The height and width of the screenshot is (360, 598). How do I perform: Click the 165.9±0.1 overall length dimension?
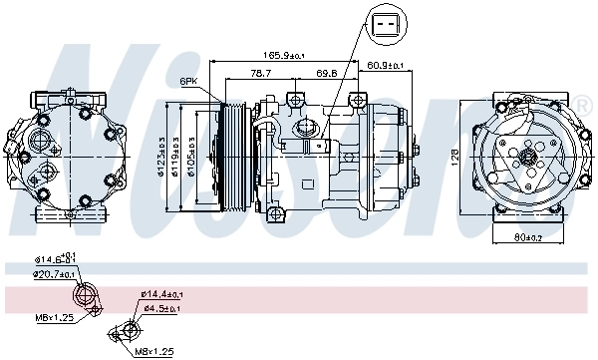(x=284, y=55)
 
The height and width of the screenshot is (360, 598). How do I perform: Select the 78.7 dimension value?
(x=260, y=73)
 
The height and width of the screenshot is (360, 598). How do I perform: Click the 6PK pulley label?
(x=187, y=81)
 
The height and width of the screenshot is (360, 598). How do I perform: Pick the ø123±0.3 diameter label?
(x=160, y=158)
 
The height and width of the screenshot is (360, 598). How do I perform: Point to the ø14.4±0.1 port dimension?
(x=160, y=294)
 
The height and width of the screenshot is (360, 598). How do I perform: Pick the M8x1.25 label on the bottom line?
(x=154, y=352)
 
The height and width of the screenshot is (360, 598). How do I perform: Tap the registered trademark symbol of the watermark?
(x=582, y=105)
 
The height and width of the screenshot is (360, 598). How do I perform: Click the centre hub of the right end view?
(x=528, y=156)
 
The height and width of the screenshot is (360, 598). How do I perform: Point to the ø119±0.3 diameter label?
(x=176, y=158)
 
